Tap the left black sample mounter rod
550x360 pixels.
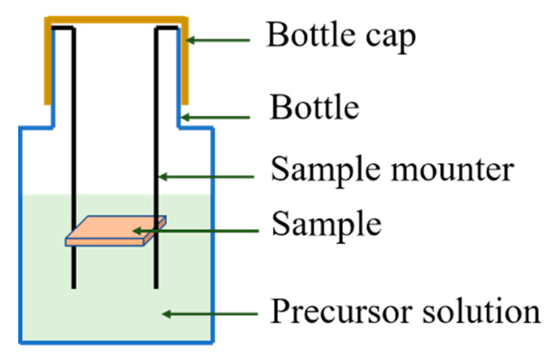tap(73, 162)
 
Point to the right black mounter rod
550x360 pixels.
tap(156, 122)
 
